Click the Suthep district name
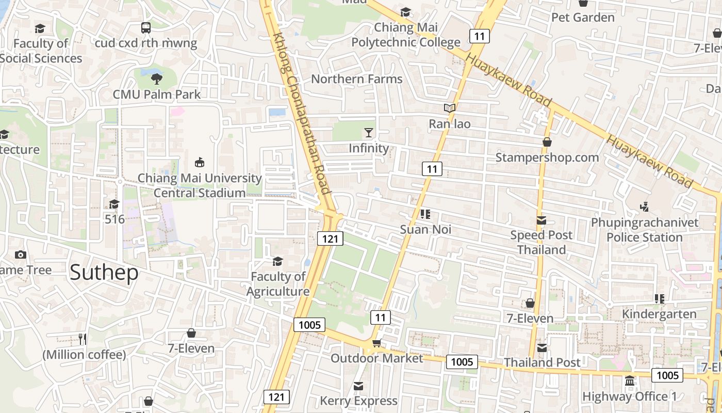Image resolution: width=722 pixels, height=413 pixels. [x=104, y=272]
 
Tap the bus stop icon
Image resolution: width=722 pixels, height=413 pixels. [x=146, y=28]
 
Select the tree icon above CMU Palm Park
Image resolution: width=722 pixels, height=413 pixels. [x=157, y=79]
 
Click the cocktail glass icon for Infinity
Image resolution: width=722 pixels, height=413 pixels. [x=369, y=133]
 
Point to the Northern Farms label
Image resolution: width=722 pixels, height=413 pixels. [x=356, y=79]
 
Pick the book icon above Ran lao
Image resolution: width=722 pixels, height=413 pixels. [x=450, y=108]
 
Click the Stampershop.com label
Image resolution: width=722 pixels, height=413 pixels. [x=547, y=157]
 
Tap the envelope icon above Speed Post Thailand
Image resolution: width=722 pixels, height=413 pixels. [x=541, y=220]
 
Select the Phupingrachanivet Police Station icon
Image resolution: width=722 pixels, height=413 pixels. [x=644, y=207]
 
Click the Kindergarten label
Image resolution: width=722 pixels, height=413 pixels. [x=659, y=314]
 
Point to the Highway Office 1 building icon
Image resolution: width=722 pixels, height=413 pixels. [x=630, y=381]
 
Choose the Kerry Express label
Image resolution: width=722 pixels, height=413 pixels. [x=358, y=401]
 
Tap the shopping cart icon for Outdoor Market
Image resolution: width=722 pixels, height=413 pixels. [x=377, y=343]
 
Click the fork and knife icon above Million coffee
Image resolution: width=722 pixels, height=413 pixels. [x=83, y=339]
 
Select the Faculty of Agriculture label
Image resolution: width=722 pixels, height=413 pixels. [x=278, y=284]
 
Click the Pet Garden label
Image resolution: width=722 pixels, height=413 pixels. [x=583, y=18]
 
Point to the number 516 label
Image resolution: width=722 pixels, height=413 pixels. [x=114, y=219]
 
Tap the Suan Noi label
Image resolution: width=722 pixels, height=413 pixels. [x=425, y=229]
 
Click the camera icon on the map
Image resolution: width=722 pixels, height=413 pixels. [x=21, y=255]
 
